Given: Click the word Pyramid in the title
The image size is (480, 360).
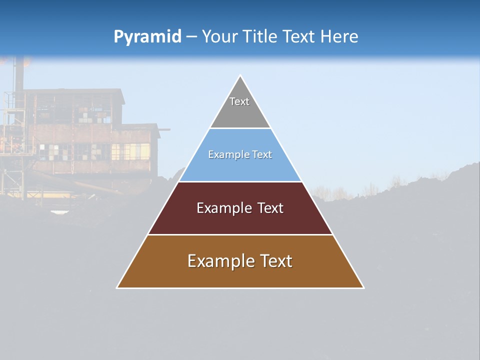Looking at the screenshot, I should pyautogui.click(x=147, y=37).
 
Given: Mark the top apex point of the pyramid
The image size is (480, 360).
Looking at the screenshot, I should pyautogui.click(x=240, y=75).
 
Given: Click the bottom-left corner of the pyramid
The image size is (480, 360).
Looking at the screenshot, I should pyautogui.click(x=117, y=287).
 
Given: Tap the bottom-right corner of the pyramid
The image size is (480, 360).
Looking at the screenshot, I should pyautogui.click(x=363, y=287).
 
